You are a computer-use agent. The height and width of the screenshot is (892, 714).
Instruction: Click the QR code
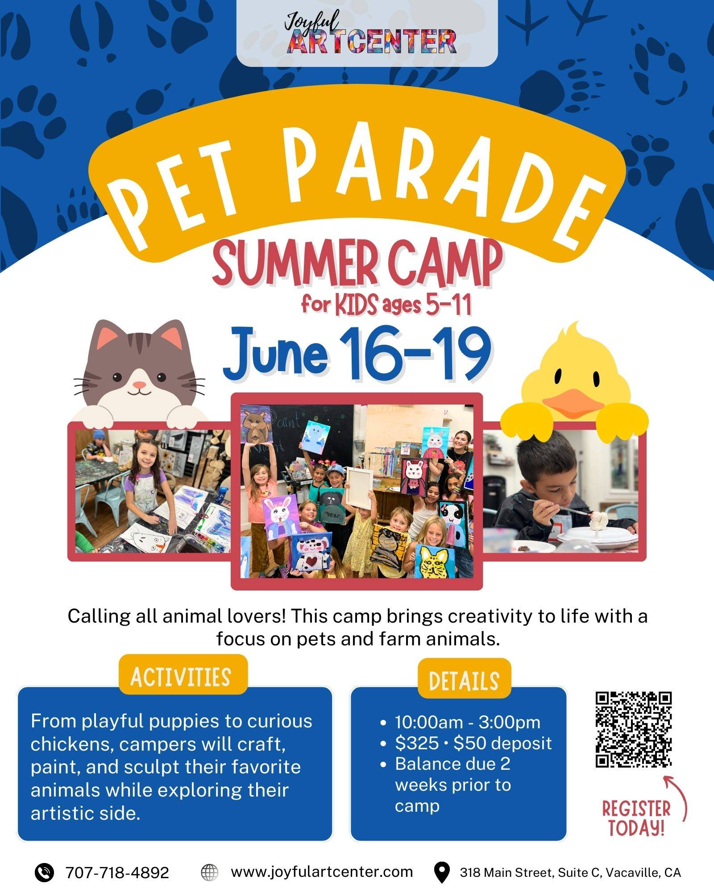634,729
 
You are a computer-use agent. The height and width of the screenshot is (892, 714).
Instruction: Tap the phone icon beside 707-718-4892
45,872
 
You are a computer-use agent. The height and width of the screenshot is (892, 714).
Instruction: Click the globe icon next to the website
209,872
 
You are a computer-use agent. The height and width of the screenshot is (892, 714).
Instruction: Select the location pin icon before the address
442,872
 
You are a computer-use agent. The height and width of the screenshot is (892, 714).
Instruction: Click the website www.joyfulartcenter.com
322,871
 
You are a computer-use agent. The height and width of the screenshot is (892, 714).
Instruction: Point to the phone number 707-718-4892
117,872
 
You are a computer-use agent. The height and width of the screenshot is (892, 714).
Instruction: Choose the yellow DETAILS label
464,681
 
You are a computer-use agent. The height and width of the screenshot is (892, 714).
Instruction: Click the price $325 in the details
417,743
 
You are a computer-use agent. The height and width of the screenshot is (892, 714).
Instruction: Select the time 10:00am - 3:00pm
468,722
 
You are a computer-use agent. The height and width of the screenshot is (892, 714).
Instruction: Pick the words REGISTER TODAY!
636,818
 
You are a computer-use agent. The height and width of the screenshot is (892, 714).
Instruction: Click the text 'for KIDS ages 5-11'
386,306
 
